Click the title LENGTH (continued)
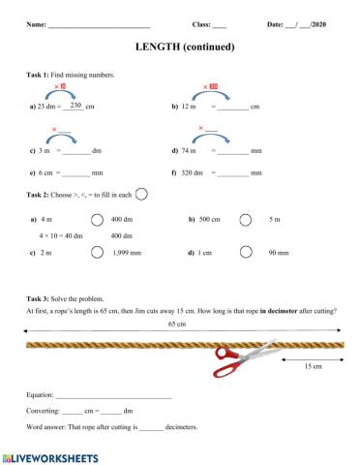point(180,46)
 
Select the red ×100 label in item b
point(210,86)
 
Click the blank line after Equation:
point(113,396)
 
